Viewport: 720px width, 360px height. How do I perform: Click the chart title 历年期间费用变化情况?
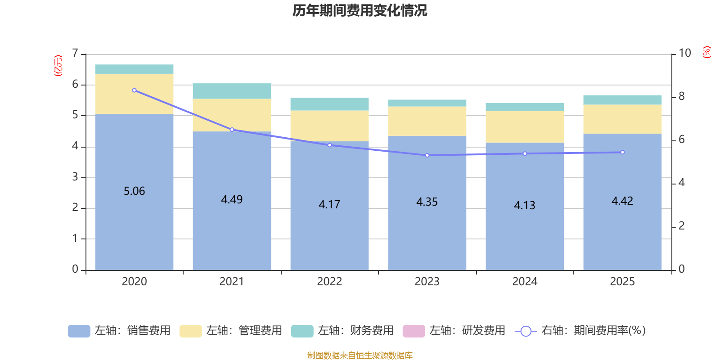[360, 10]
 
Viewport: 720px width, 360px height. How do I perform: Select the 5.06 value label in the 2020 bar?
[134, 191]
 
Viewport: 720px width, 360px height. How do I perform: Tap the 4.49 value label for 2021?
[232, 199]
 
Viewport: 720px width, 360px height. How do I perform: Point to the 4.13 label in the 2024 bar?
[525, 206]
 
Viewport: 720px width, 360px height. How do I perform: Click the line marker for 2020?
[134, 90]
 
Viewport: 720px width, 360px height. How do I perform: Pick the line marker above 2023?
[427, 155]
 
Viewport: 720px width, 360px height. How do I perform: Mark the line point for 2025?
[622, 153]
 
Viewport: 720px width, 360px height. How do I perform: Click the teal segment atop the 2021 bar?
[232, 91]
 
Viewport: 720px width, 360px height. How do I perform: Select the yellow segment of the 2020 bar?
[134, 94]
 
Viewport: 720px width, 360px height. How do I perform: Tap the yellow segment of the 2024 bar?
[525, 127]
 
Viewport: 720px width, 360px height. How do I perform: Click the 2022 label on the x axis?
[329, 282]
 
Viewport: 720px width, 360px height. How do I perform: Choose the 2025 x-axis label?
[622, 282]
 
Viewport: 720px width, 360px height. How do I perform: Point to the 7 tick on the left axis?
[75, 54]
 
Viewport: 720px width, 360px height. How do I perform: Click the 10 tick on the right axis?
[684, 53]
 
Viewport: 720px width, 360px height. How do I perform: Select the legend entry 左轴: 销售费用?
[120, 331]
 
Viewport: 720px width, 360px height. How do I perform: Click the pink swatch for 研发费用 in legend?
[414, 331]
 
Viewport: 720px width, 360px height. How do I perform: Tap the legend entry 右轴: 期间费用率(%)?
[580, 331]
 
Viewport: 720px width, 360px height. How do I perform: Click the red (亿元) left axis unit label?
[58, 66]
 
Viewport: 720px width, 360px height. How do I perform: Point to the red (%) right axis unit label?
[707, 52]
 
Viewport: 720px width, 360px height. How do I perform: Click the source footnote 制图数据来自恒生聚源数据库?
[360, 355]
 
